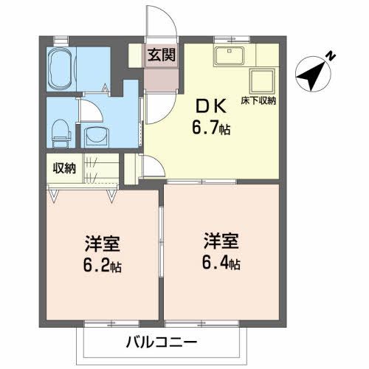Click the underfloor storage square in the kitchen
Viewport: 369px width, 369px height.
(x=261, y=81)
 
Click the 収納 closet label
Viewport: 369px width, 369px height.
(x=63, y=168)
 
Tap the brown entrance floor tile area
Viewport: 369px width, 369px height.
(x=160, y=74)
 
